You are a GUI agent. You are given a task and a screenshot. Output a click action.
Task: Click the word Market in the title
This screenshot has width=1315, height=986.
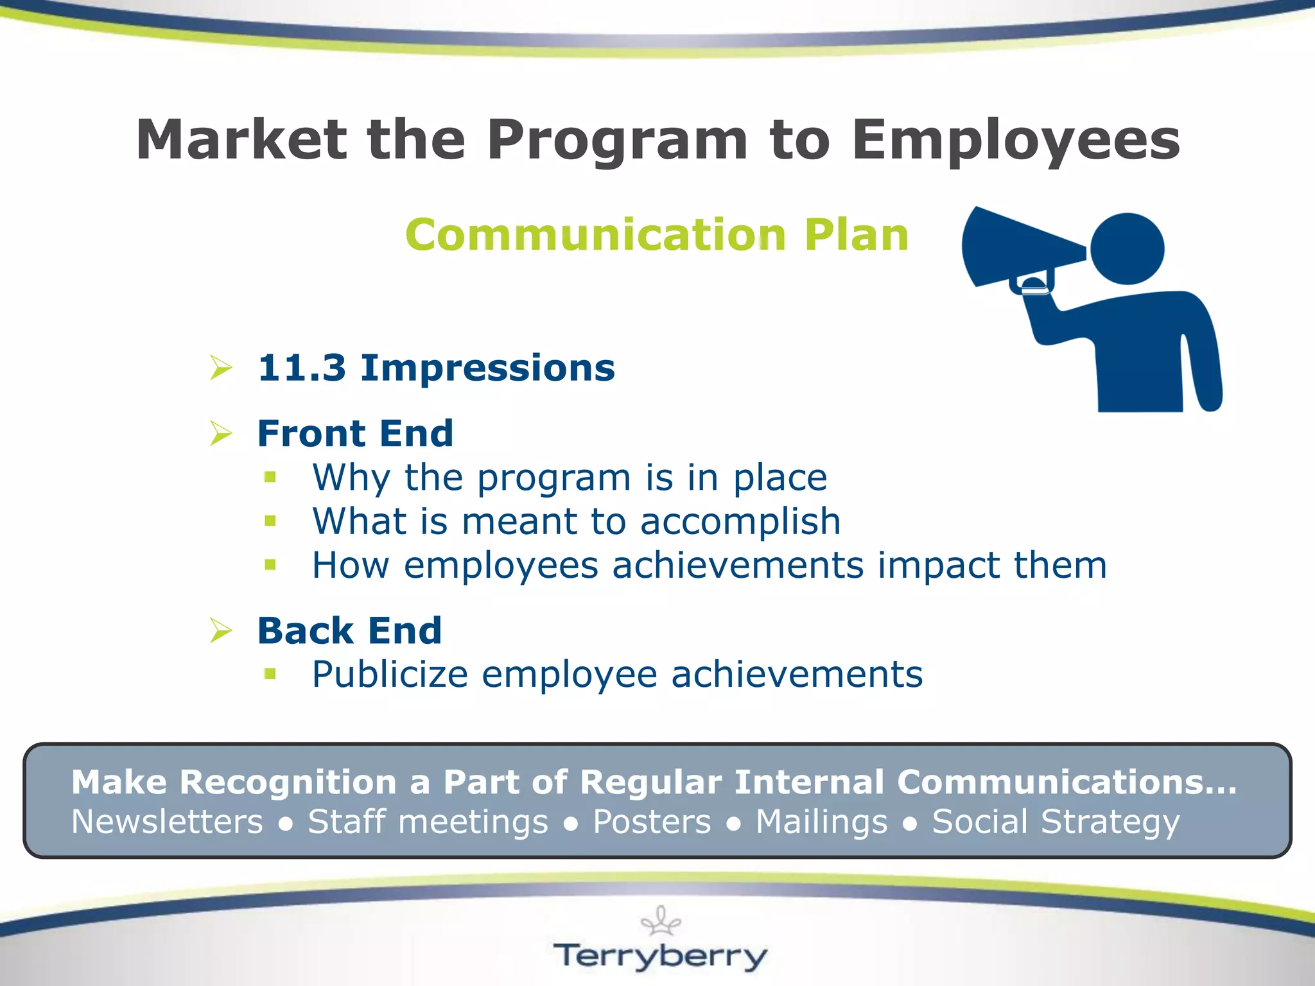[241, 140]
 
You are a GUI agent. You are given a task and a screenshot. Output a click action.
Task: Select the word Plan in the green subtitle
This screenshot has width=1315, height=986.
[856, 235]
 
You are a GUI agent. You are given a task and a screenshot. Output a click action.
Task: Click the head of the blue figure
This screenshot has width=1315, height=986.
[1127, 248]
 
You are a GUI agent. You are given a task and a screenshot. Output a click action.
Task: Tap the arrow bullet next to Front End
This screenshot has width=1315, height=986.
[221, 433]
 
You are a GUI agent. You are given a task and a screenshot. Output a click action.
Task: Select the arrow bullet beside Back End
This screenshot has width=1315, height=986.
[221, 630]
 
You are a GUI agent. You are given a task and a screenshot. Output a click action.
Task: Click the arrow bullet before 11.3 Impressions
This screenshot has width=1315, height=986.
[221, 368]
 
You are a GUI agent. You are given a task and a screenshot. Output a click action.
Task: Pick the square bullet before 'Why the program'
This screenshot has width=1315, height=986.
[270, 477]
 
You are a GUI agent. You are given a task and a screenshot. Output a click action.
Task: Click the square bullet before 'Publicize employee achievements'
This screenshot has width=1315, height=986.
[270, 673]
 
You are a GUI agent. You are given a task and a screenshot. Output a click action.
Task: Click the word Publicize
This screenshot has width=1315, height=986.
[390, 675]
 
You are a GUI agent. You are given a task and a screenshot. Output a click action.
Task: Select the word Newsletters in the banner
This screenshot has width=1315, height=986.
[167, 822]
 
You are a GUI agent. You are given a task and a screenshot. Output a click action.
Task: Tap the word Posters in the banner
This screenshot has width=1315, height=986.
[652, 822]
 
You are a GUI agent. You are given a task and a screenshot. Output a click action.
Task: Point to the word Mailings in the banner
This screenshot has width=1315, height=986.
[821, 822]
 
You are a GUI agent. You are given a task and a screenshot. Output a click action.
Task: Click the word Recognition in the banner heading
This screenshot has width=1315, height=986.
[288, 783]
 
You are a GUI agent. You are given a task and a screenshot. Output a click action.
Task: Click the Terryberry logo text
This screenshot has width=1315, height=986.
[660, 956]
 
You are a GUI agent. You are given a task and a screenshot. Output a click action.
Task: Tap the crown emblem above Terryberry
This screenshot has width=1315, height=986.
[661, 921]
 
